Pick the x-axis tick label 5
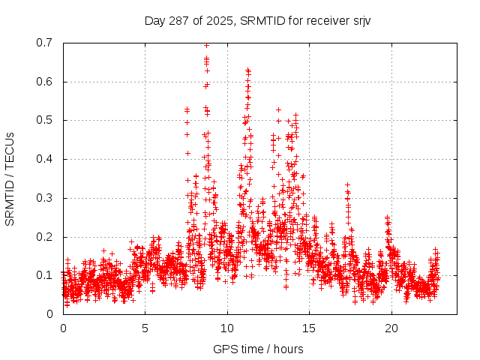[145, 328]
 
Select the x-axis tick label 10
[227, 328]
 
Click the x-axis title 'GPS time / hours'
[258, 349]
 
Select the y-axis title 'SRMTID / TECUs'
[10, 178]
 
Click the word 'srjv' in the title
[361, 20]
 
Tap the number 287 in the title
[178, 20]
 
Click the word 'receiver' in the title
[328, 20]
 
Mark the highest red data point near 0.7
[206, 45]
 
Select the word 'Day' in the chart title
[154, 20]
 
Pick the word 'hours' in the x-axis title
[288, 349]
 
